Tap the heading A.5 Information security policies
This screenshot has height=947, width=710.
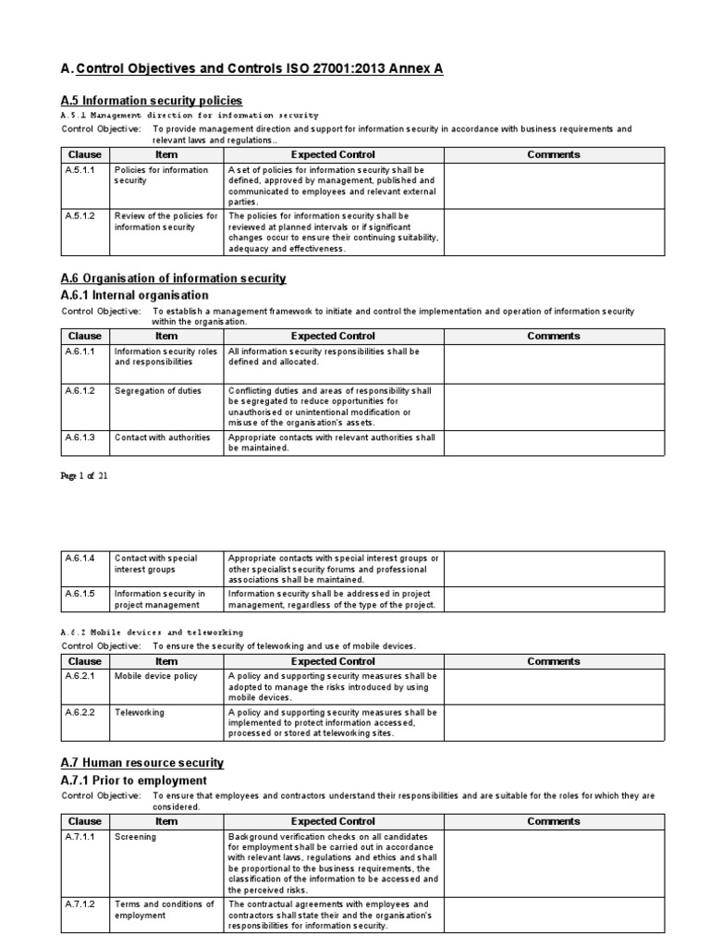click(152, 100)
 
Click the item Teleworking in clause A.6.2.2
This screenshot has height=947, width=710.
click(139, 713)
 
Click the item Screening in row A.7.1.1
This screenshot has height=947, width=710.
click(135, 837)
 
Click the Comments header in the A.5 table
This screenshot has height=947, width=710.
click(553, 154)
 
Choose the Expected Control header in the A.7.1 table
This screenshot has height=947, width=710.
click(333, 820)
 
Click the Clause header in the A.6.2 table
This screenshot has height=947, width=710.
click(85, 661)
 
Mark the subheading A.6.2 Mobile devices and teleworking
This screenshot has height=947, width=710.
click(145, 632)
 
